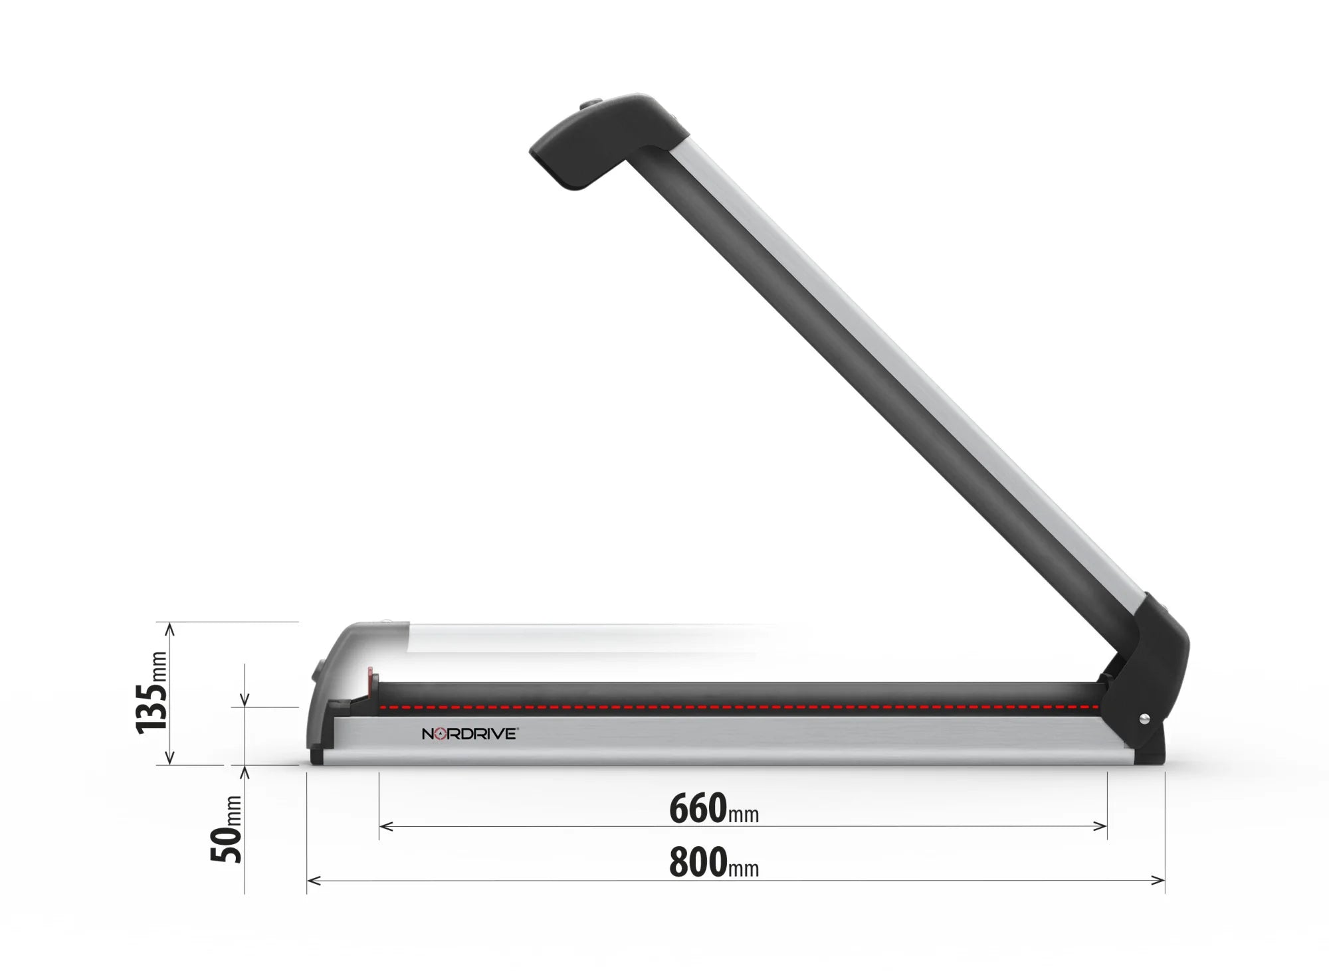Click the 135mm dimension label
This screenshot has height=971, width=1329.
point(152,693)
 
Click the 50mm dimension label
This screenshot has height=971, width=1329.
point(227,830)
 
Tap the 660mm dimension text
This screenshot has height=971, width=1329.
point(713,809)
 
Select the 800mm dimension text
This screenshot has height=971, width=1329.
point(713,863)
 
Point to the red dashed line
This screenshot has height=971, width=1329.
point(731,707)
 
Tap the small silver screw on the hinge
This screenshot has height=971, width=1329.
point(1144,718)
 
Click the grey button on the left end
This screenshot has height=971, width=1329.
point(315,671)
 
